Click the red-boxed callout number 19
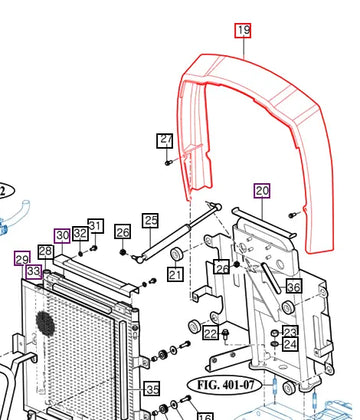click(x=243, y=31)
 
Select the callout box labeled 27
click(x=165, y=141)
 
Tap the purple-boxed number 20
click(x=262, y=191)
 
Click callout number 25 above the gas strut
click(x=150, y=220)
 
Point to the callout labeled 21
click(x=175, y=274)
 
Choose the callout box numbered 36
click(x=294, y=286)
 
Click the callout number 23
click(x=290, y=332)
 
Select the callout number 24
click(x=290, y=344)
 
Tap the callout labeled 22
click(x=211, y=333)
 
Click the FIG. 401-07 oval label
click(x=225, y=385)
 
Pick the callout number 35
click(x=152, y=389)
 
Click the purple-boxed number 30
click(x=62, y=236)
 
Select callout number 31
click(x=96, y=226)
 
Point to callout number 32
click(x=80, y=233)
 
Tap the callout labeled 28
click(x=45, y=252)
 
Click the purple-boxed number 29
click(x=22, y=258)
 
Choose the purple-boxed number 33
click(x=34, y=271)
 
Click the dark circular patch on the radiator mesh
click(x=45, y=323)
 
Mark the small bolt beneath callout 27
click(x=169, y=163)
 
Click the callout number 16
click(x=205, y=417)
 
